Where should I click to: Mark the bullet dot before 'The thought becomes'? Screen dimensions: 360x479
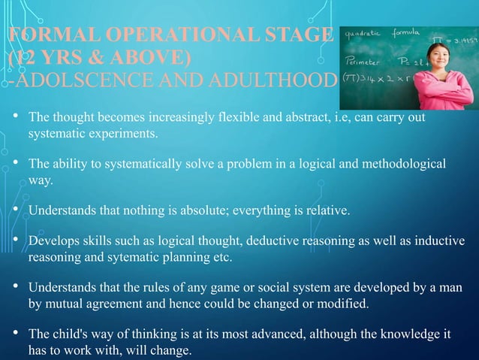coord(15,119)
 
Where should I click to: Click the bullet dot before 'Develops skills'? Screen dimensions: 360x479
coord(15,241)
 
